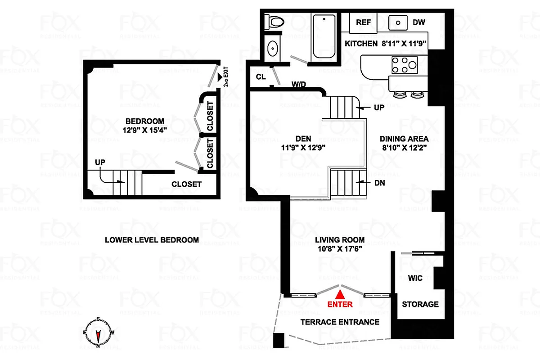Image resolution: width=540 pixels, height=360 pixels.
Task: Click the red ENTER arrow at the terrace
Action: tap(341, 294)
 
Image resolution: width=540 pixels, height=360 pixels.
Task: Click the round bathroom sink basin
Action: tap(273, 49)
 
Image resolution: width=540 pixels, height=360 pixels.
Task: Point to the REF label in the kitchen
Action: tap(363, 22)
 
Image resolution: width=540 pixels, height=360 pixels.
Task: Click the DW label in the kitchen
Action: tap(419, 22)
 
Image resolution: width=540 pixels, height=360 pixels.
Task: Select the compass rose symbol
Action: tap(98, 332)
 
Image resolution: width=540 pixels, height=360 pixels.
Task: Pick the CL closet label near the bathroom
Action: tap(261, 76)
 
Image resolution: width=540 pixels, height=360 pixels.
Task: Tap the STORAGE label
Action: tap(420, 304)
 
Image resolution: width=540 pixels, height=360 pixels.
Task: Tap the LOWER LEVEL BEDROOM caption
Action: tap(152, 240)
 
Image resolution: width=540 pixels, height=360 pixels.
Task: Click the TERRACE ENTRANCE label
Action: tap(340, 322)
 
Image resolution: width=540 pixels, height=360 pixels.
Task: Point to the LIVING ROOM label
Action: tap(339, 240)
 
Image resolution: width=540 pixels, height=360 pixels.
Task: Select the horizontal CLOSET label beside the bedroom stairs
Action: tap(186, 184)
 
